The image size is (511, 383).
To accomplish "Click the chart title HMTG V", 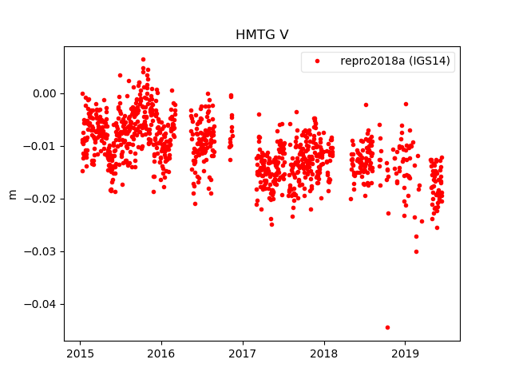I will (262, 34).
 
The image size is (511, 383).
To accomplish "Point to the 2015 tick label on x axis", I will (80, 353).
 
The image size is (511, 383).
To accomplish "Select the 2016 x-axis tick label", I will (161, 353).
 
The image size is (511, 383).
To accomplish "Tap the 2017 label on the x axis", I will (243, 353).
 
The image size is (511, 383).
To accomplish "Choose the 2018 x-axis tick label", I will (323, 353).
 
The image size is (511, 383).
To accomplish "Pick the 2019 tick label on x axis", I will (405, 353).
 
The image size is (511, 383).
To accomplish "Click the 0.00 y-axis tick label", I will (45, 93).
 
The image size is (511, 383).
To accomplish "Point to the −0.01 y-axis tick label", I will (42, 146).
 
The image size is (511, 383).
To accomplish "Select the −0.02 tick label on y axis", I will (42, 199).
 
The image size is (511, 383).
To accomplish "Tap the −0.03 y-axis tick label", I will (42, 251).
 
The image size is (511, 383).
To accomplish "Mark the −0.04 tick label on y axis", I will (42, 304).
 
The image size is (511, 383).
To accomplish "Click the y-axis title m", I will (12, 194).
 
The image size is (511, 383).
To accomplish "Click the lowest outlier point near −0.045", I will (387, 327).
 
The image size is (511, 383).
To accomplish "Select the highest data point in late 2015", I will (143, 59).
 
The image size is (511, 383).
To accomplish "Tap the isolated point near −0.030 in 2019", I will (416, 251).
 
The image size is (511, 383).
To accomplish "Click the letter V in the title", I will (283, 34).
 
